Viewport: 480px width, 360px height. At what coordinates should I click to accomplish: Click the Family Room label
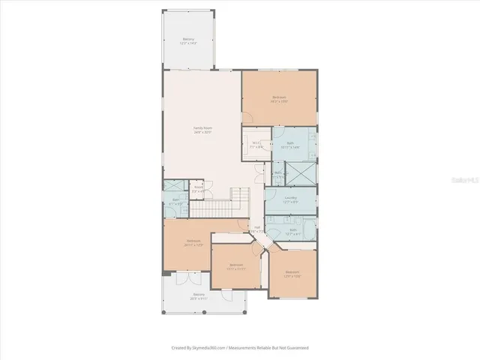pyautogui.click(x=202, y=130)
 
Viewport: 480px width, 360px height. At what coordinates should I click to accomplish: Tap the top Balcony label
pyautogui.click(x=188, y=41)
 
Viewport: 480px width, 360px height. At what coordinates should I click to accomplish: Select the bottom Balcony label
pyautogui.click(x=198, y=296)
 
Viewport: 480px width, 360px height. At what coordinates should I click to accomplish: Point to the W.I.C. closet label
pyautogui.click(x=256, y=144)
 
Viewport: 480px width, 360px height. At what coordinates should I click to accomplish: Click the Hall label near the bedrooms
pyautogui.click(x=256, y=229)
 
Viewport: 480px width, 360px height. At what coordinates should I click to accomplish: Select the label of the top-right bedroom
pyautogui.click(x=279, y=98)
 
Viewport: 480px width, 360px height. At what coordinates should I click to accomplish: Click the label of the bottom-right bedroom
pyautogui.click(x=292, y=273)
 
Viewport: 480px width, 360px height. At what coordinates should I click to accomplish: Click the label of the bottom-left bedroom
pyautogui.click(x=193, y=243)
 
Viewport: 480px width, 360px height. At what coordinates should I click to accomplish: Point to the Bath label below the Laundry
pyautogui.click(x=293, y=232)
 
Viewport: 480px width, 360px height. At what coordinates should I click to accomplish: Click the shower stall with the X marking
pyautogui.click(x=303, y=173)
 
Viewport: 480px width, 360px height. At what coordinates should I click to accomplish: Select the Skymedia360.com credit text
pyautogui.click(x=240, y=347)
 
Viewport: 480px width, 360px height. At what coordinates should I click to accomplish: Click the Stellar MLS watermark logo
pyautogui.click(x=464, y=181)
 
